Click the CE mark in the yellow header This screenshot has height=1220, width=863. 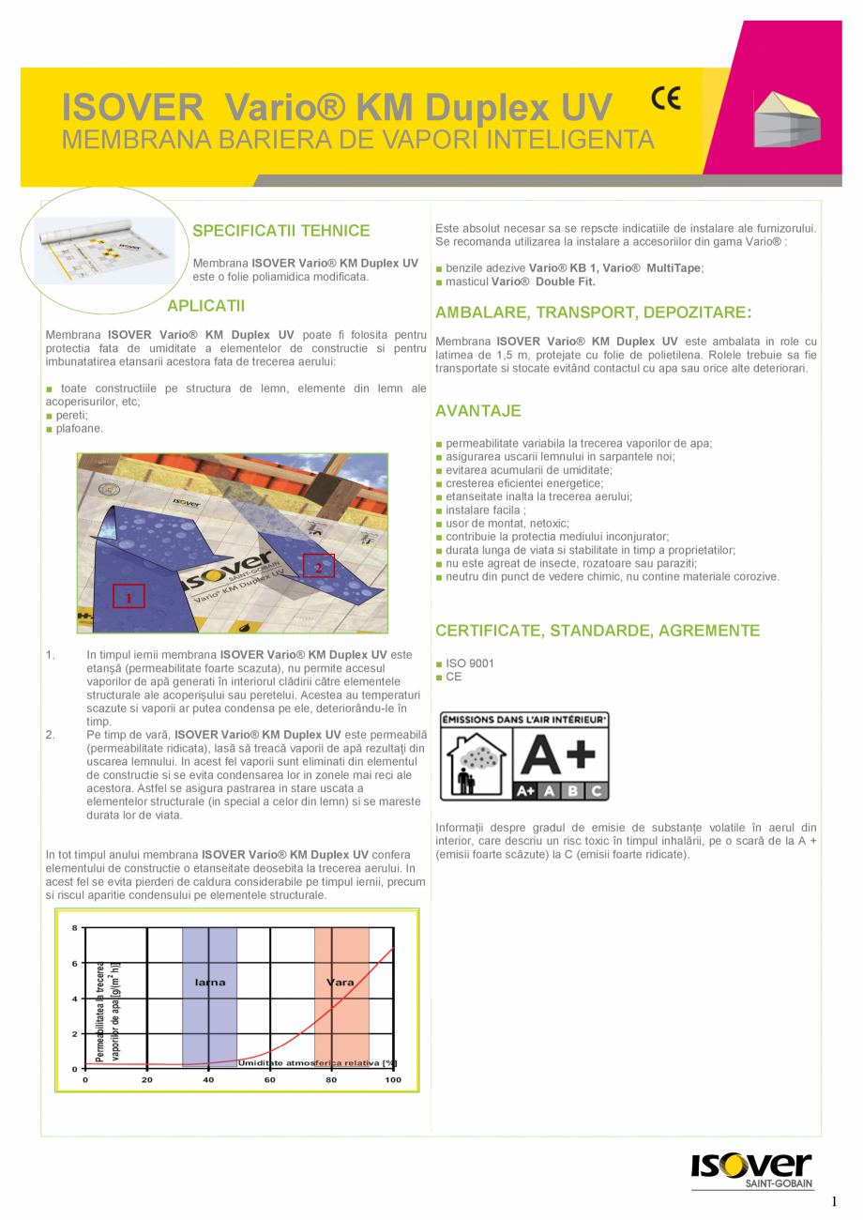click(x=666, y=99)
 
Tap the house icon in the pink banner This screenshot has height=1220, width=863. click(x=787, y=119)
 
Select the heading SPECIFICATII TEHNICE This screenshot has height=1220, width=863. click(x=280, y=231)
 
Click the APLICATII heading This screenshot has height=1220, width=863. click(x=205, y=306)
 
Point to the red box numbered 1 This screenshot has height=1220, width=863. click(x=129, y=596)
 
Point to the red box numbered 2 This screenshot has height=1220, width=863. click(x=318, y=566)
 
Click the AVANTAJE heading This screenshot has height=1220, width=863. click(x=478, y=411)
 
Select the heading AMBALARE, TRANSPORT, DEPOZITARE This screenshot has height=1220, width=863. click(x=594, y=313)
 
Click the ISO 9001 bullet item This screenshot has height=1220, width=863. click(x=470, y=663)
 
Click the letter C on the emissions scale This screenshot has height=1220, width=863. click(x=595, y=791)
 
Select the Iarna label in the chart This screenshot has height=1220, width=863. click(x=209, y=983)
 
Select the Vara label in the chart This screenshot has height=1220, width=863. click(x=341, y=983)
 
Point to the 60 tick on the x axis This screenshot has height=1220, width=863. click(x=270, y=1080)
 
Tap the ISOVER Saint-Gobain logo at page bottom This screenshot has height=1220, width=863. click(x=751, y=1170)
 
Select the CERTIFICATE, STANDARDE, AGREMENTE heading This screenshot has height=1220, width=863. click(x=598, y=631)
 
